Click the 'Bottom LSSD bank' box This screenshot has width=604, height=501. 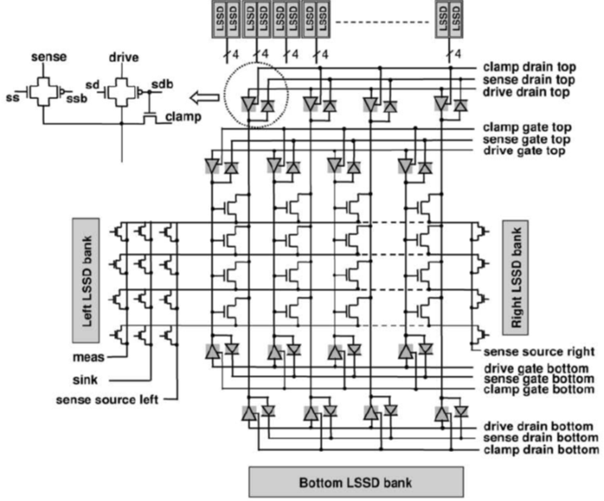coord(356,482)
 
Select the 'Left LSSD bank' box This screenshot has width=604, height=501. coord(86,280)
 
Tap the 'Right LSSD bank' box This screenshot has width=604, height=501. coord(516,277)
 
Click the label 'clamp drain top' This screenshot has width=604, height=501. coord(530,67)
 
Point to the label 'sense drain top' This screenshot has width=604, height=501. coord(529,80)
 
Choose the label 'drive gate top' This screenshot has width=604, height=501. coord(524,151)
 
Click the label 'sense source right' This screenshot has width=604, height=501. coord(539,351)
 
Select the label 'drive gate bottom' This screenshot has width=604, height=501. coord(537,369)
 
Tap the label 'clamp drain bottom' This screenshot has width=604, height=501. coord(542,449)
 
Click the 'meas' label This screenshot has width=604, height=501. coord(88,357)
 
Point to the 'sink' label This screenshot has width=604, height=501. coord(85,380)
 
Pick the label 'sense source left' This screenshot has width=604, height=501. coord(107,399)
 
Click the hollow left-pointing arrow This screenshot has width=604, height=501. coord(205,97)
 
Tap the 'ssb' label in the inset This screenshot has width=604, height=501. coord(77,99)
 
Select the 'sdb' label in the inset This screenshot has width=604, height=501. coord(162,84)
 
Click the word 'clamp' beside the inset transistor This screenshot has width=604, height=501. coord(183,117)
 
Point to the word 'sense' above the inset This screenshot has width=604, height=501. coord(49,57)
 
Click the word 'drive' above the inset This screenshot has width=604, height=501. coord(124,57)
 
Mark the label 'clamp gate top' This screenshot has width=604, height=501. coord(527,127)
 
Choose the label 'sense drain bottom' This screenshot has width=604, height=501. coord(541,438)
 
